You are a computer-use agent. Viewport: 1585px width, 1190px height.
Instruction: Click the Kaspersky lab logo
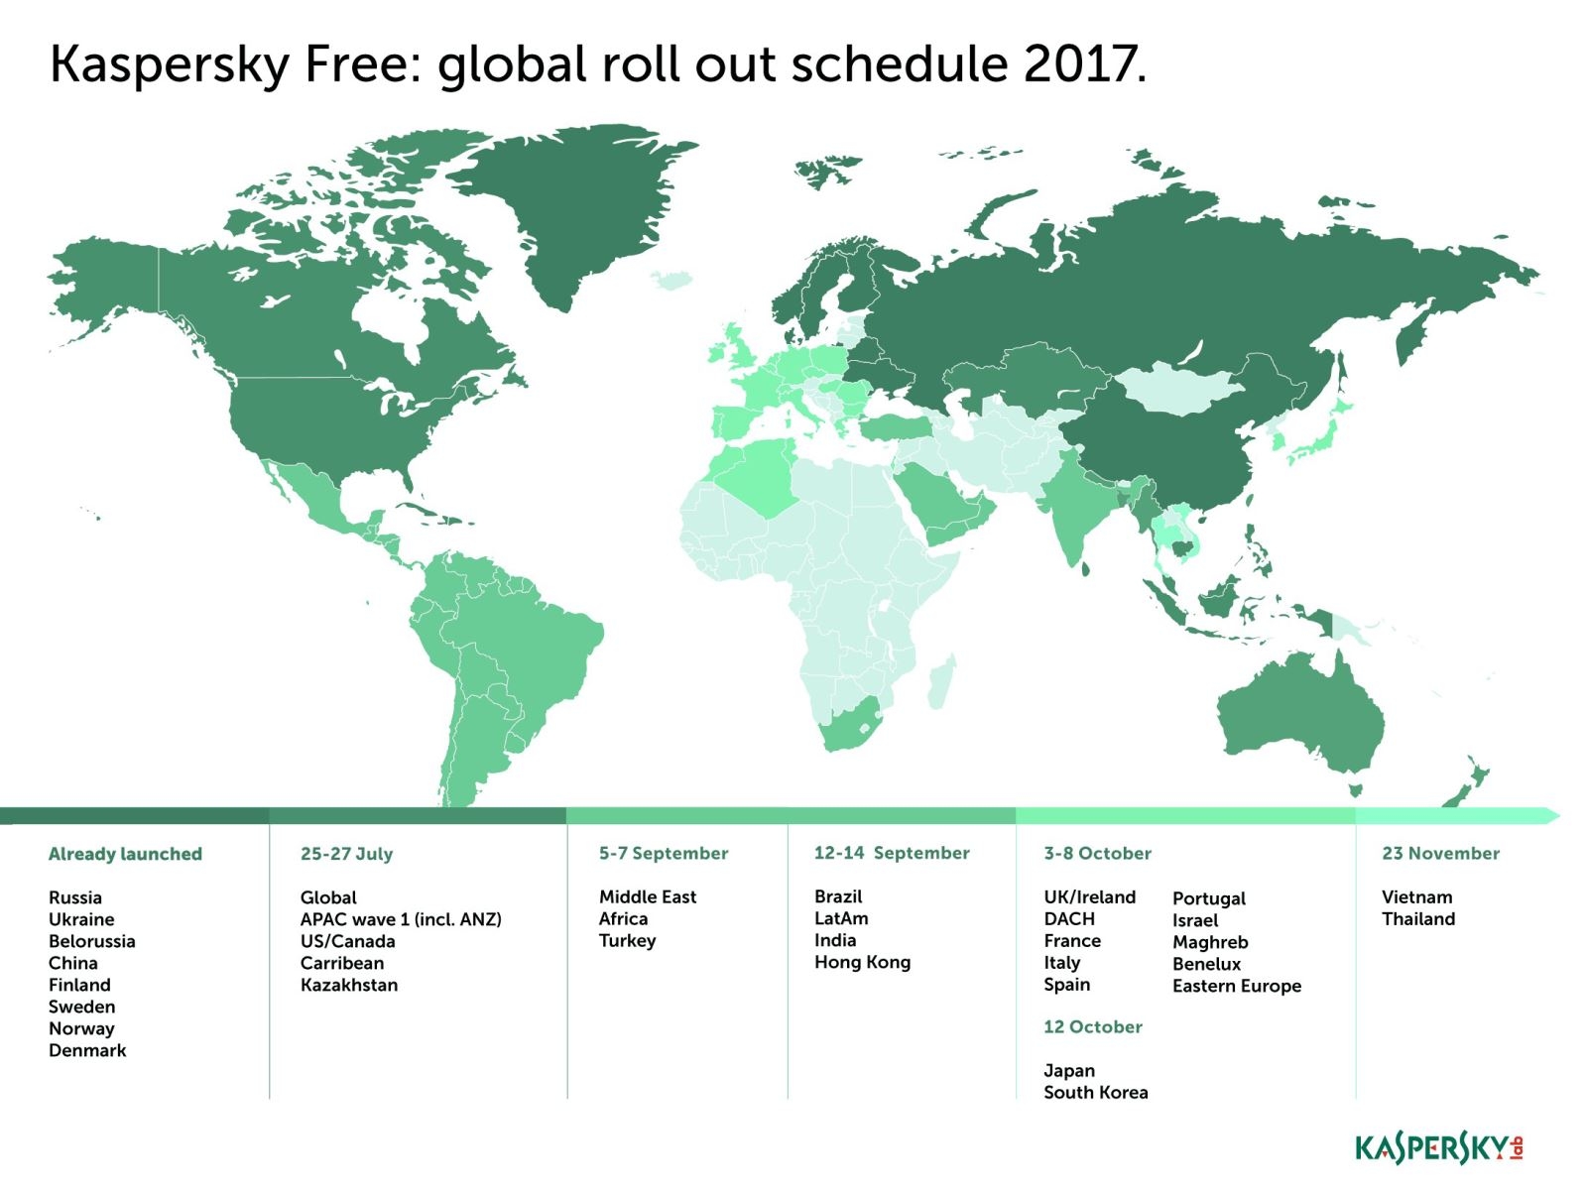(x=1438, y=1148)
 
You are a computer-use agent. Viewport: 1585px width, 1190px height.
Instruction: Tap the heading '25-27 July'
(x=346, y=854)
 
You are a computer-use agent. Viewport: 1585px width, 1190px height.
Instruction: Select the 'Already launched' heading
(x=125, y=854)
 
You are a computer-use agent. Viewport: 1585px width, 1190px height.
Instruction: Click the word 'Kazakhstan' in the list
(x=349, y=985)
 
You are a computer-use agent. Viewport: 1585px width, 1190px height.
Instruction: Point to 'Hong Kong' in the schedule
(x=862, y=962)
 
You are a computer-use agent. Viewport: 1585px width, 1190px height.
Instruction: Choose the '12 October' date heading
(x=1092, y=1027)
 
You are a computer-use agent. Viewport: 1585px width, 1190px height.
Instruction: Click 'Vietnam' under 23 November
(x=1416, y=897)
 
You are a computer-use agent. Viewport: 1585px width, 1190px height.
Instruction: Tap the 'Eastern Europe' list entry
(x=1236, y=986)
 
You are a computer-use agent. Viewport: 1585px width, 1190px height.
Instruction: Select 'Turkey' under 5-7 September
(x=627, y=940)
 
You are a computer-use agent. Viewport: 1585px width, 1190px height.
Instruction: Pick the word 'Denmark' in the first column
(x=87, y=1050)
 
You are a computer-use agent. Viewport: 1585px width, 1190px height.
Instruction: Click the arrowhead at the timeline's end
(x=1550, y=815)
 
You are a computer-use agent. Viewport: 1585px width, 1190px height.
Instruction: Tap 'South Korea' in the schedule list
(x=1095, y=1093)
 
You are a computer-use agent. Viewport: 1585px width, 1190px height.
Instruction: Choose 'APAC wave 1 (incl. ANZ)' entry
(x=401, y=919)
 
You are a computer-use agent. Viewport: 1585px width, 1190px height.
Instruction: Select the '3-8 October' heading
(x=1097, y=854)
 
